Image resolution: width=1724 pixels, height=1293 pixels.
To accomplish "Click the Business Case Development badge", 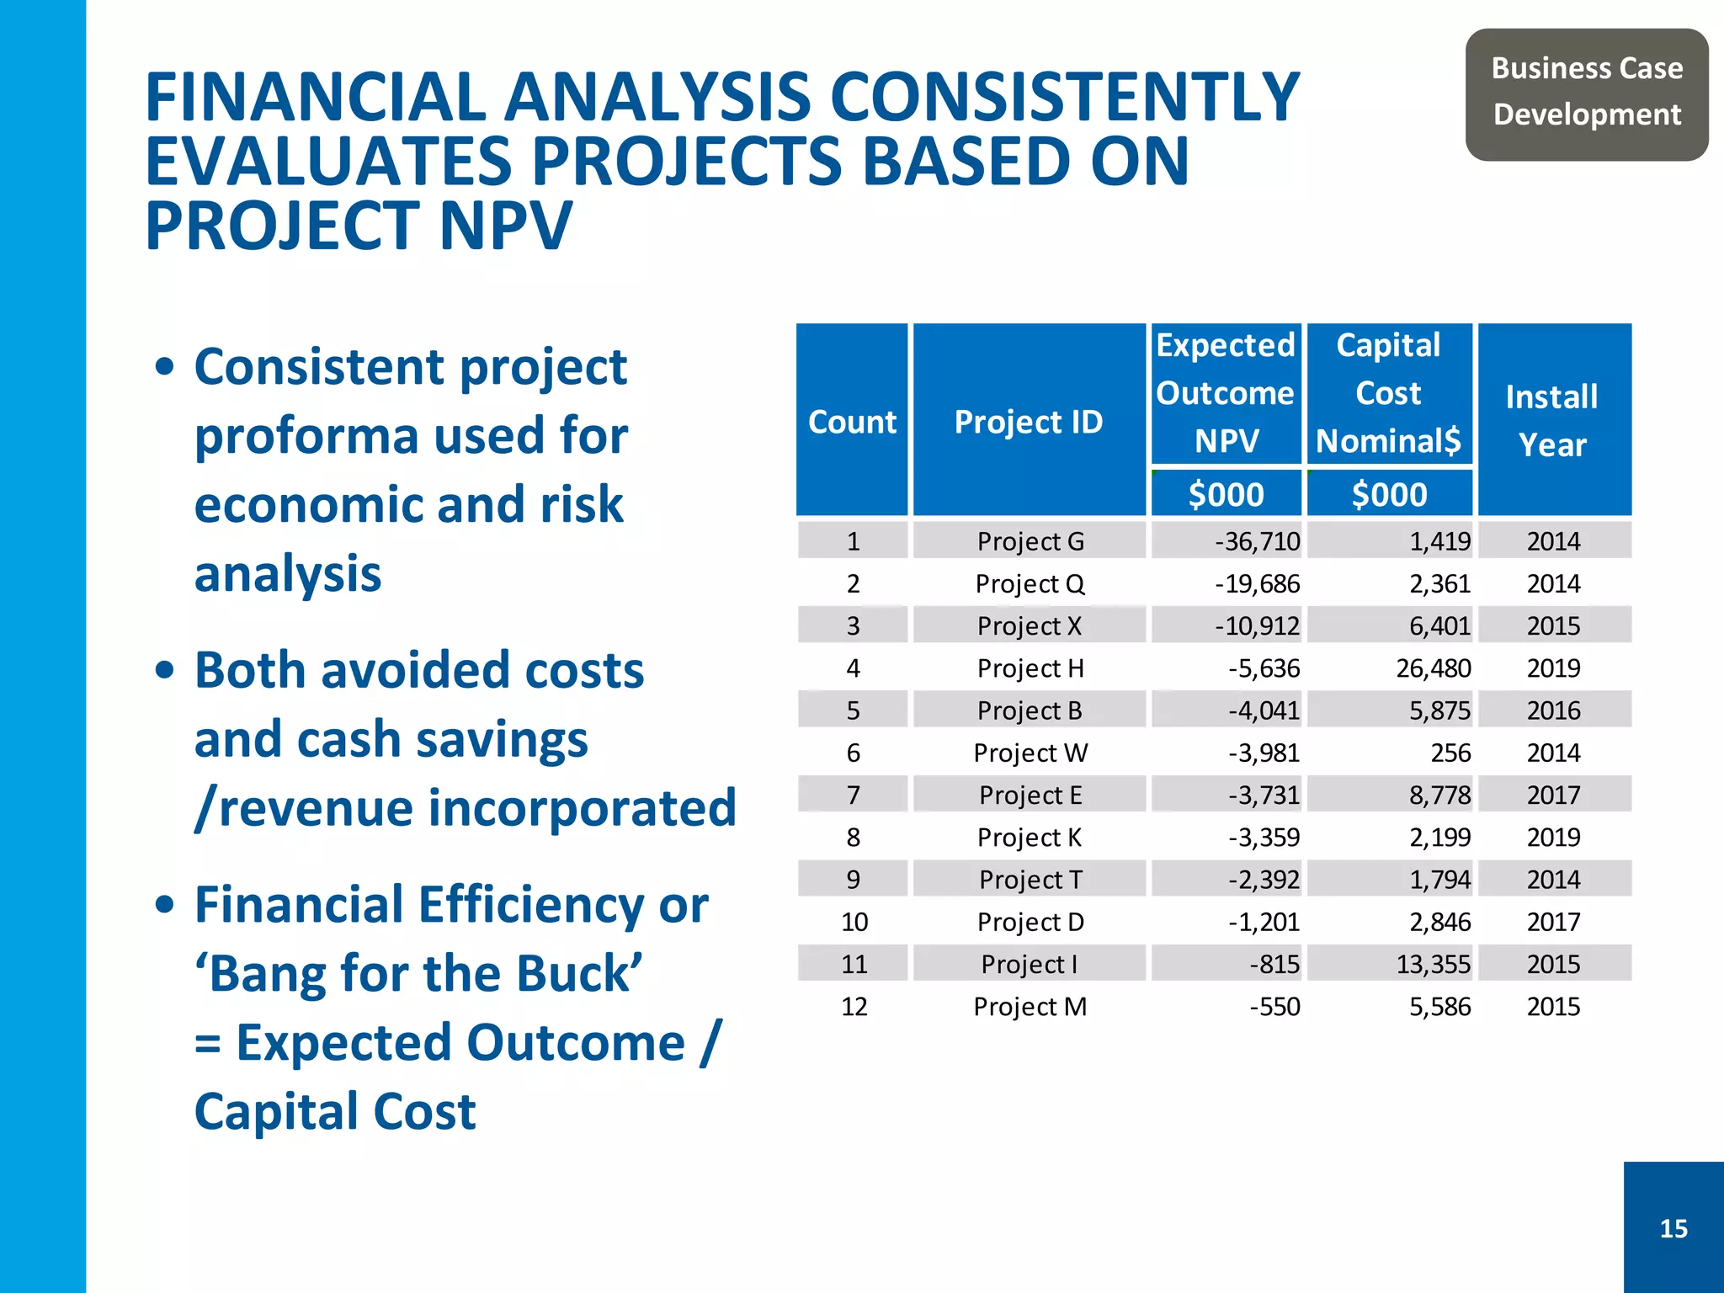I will point(1586,93).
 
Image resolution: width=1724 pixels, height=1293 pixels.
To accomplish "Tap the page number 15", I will point(1673,1228).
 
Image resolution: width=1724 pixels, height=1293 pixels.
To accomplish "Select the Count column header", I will point(852,421).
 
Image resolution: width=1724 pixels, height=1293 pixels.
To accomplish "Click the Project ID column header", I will point(1029,421).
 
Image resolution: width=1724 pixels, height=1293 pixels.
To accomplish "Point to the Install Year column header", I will point(1553,420).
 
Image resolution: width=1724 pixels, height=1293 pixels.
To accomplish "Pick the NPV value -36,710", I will point(1257,541).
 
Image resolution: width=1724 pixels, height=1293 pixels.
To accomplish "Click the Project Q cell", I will point(1030,583).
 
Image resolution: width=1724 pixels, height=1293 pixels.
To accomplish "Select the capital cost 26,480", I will point(1433,668).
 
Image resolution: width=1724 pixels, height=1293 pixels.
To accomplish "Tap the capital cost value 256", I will point(1450,753).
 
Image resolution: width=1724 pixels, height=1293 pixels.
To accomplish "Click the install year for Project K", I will point(1553,838).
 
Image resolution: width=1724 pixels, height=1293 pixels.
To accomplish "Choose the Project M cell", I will point(1030,1007).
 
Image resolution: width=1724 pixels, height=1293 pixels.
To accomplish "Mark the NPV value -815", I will point(1274,965).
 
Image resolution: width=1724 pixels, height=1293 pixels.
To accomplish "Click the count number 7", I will point(853,795).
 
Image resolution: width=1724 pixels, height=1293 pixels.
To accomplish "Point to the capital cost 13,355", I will point(1433,965).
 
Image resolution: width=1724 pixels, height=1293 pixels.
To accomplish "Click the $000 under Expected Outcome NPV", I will point(1226,494).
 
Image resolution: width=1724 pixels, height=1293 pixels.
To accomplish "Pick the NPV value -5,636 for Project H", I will point(1264,668).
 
